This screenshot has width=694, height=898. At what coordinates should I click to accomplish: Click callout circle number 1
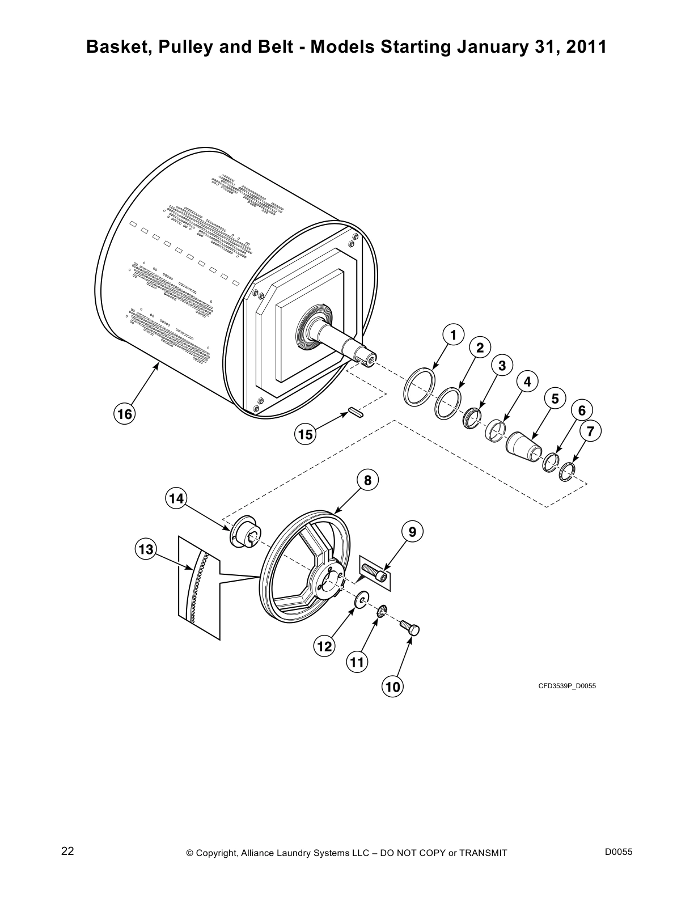point(452,335)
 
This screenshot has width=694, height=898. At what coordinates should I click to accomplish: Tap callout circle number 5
point(555,399)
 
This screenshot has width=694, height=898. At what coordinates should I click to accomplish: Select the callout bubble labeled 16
point(124,414)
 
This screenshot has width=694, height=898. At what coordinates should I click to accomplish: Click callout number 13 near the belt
point(145,549)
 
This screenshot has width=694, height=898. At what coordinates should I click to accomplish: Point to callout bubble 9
point(412,532)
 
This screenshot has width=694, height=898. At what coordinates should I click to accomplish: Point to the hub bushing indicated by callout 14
point(243,533)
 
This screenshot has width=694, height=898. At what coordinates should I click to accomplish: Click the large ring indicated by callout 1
point(419,386)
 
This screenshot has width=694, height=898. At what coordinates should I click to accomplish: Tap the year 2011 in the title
point(586,48)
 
